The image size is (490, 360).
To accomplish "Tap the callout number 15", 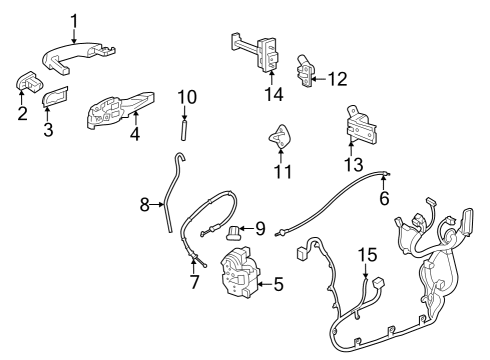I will pyautogui.click(x=367, y=256).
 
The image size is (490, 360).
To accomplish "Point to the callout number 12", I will pyautogui.click(x=338, y=77).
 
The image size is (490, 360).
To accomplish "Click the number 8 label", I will pyautogui.click(x=145, y=205).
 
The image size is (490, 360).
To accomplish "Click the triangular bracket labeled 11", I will pyautogui.click(x=280, y=135).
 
